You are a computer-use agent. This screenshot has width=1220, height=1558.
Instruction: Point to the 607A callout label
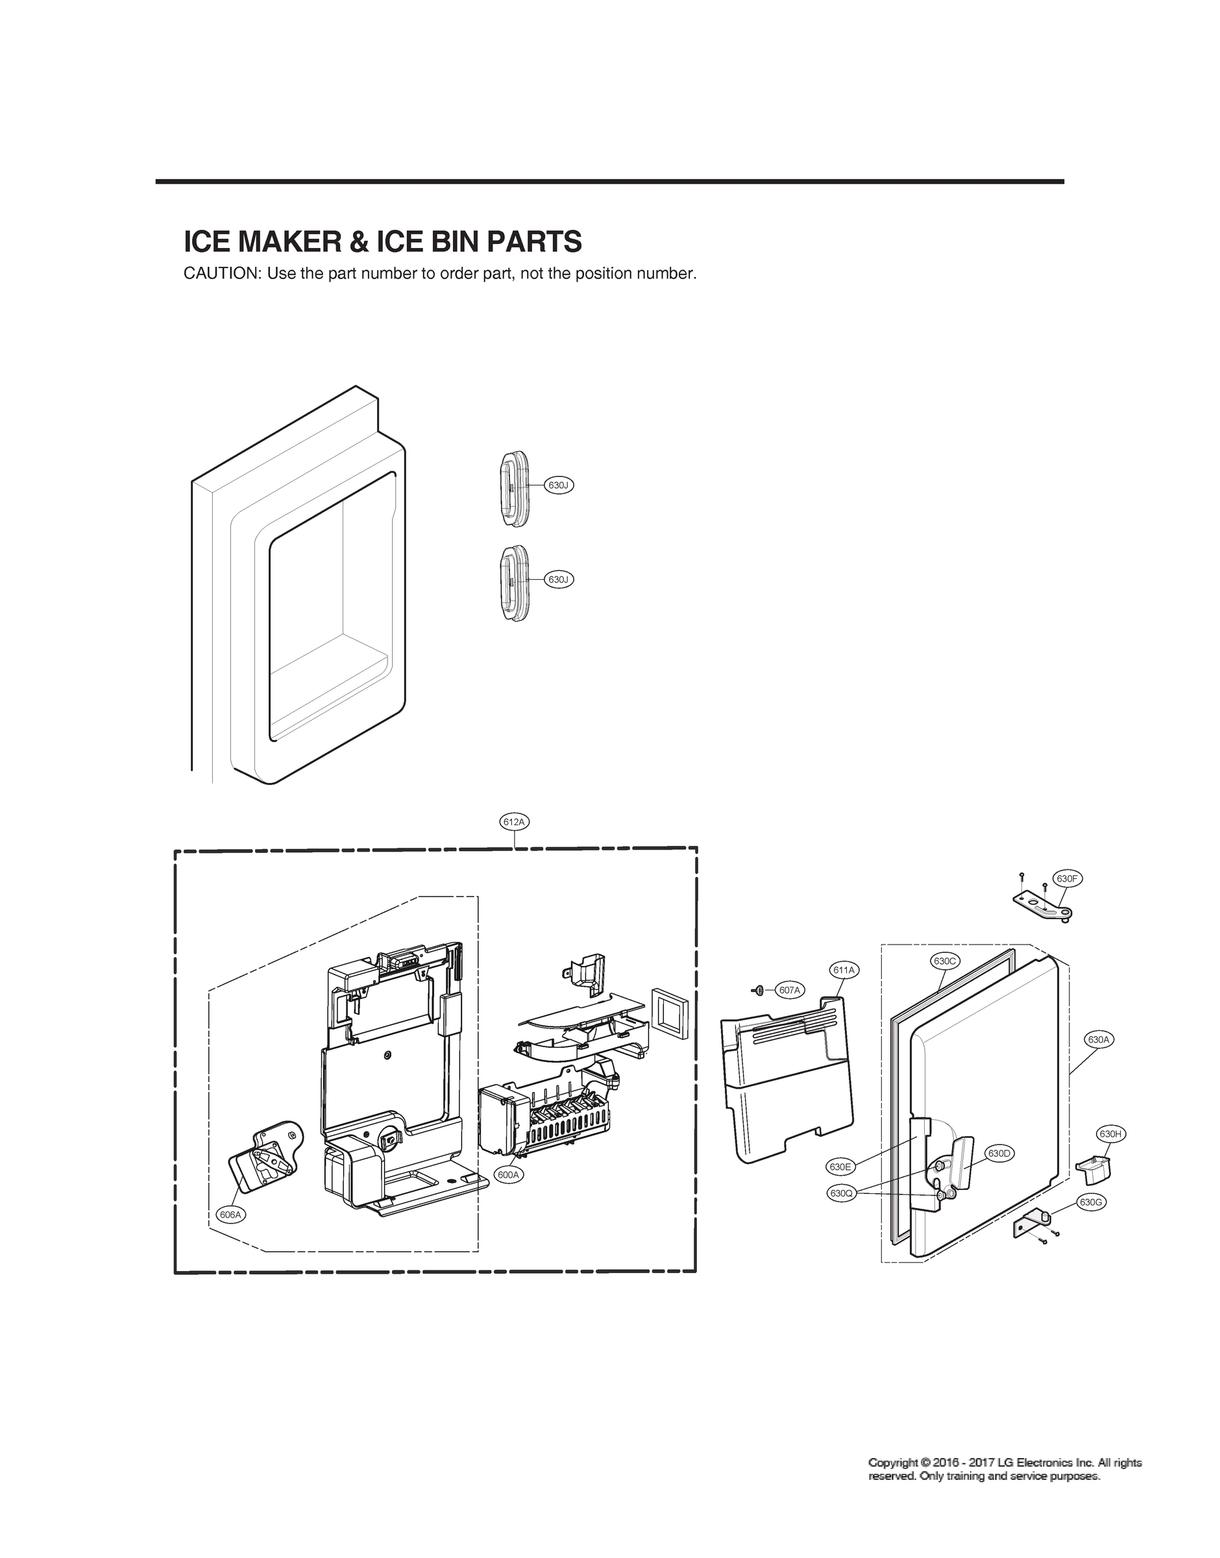coord(789,989)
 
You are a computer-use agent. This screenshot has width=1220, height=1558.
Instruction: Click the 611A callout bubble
coord(844,969)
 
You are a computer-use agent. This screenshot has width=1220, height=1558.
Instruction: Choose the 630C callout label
coord(944,961)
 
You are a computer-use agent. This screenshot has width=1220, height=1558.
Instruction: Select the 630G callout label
coord(1091,1202)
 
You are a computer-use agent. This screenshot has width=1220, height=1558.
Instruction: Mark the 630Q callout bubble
coord(841,1193)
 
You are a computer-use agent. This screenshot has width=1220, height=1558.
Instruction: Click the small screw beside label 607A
coord(759,989)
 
